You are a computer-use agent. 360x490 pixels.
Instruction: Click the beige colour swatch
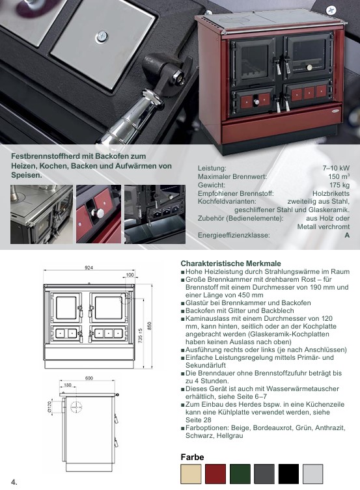click(191, 474)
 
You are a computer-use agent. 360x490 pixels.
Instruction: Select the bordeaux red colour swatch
click(215, 474)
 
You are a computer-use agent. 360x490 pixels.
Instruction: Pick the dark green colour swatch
click(240, 474)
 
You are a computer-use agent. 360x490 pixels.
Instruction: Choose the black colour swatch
click(289, 474)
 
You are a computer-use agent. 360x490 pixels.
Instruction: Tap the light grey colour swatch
click(313, 474)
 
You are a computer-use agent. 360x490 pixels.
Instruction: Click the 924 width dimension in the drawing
click(89, 267)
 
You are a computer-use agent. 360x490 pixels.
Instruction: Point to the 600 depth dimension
click(89, 378)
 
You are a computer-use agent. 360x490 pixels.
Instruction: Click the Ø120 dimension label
click(49, 407)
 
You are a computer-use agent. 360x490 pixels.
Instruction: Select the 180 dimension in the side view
click(68, 385)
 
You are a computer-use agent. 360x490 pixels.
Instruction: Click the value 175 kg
click(339, 185)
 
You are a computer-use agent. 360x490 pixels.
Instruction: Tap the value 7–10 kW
click(336, 168)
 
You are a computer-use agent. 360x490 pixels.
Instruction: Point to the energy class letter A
click(347, 236)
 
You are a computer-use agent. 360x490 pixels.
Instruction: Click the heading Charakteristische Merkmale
click(230, 264)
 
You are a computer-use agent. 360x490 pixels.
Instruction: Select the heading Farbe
click(192, 457)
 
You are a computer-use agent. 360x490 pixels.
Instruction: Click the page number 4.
click(14, 482)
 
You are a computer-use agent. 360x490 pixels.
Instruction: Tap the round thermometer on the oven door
click(309, 66)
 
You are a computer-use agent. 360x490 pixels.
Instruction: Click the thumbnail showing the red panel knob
click(98, 214)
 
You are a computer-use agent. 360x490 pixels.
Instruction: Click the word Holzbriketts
click(331, 193)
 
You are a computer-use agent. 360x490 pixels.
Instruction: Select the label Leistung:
click(212, 168)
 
